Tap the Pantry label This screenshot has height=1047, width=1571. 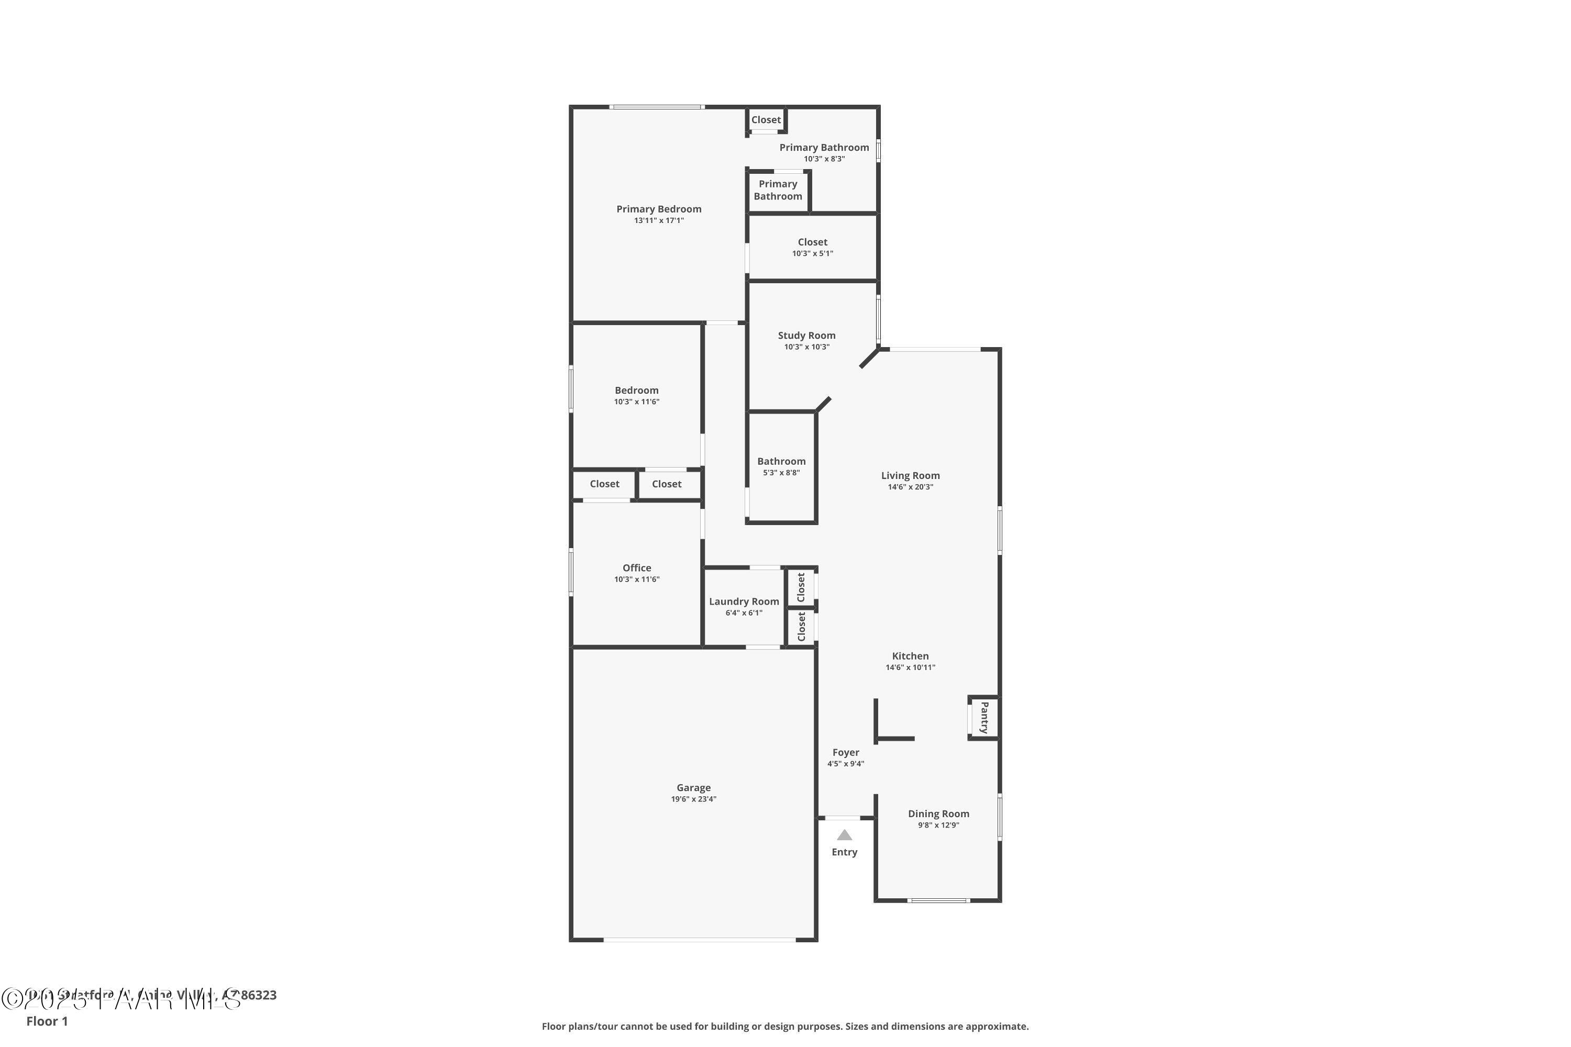(x=984, y=718)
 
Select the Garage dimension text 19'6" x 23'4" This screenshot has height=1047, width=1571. (x=693, y=799)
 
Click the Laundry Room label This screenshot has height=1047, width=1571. (x=744, y=602)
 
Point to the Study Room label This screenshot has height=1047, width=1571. (x=806, y=336)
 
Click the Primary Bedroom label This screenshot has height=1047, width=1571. (x=659, y=209)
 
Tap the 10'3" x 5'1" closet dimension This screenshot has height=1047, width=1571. (x=812, y=254)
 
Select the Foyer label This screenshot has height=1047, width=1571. (x=846, y=753)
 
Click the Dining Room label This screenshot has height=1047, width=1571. (x=938, y=814)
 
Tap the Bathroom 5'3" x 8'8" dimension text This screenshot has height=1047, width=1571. (x=781, y=473)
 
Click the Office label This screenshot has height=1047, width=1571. (x=637, y=568)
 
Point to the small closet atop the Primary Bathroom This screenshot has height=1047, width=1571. (x=766, y=120)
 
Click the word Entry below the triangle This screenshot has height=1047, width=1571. (x=844, y=852)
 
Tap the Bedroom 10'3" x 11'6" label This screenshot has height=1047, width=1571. (x=637, y=391)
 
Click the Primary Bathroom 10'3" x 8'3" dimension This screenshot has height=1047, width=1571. (x=824, y=159)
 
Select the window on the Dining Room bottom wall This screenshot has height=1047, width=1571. (x=938, y=901)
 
